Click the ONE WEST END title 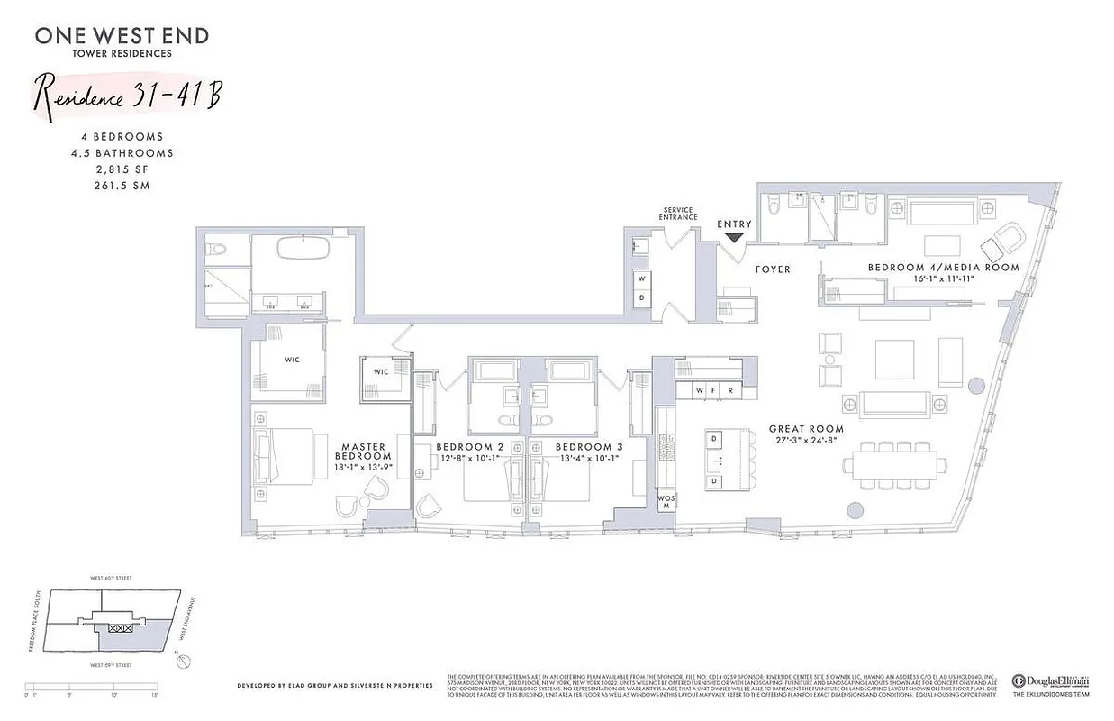(x=122, y=36)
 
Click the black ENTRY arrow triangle (x=734, y=237)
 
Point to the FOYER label (x=773, y=269)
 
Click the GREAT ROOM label (x=806, y=429)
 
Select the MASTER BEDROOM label (x=363, y=452)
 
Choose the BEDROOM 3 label (x=589, y=447)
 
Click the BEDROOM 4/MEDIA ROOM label (x=943, y=268)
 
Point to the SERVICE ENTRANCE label (x=678, y=213)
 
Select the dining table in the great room (x=895, y=465)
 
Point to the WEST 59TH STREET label (x=110, y=665)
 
